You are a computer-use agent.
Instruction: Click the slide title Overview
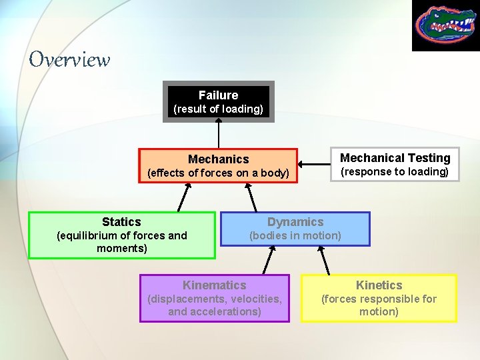click(x=69, y=60)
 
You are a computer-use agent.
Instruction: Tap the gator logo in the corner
click(x=445, y=25)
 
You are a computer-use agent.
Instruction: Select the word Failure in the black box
click(x=218, y=95)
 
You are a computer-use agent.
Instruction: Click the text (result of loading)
click(x=218, y=109)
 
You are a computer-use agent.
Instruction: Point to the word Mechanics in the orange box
click(x=218, y=159)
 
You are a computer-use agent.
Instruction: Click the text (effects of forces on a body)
click(x=218, y=173)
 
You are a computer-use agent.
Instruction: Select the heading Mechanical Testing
click(x=395, y=158)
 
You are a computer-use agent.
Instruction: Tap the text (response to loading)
click(x=395, y=172)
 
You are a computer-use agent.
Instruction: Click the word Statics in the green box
click(x=121, y=222)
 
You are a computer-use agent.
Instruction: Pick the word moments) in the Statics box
click(x=121, y=249)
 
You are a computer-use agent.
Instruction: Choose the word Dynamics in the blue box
click(x=295, y=222)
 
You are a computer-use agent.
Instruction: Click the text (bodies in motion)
click(x=295, y=235)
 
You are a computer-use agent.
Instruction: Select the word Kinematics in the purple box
click(x=214, y=285)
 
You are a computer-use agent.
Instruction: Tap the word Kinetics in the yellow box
click(x=379, y=285)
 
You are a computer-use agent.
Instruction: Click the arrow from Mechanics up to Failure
click(x=219, y=133)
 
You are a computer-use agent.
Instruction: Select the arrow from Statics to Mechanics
click(x=184, y=197)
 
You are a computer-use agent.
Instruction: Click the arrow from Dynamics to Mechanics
click(x=251, y=197)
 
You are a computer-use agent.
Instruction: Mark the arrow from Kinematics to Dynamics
click(x=270, y=260)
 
